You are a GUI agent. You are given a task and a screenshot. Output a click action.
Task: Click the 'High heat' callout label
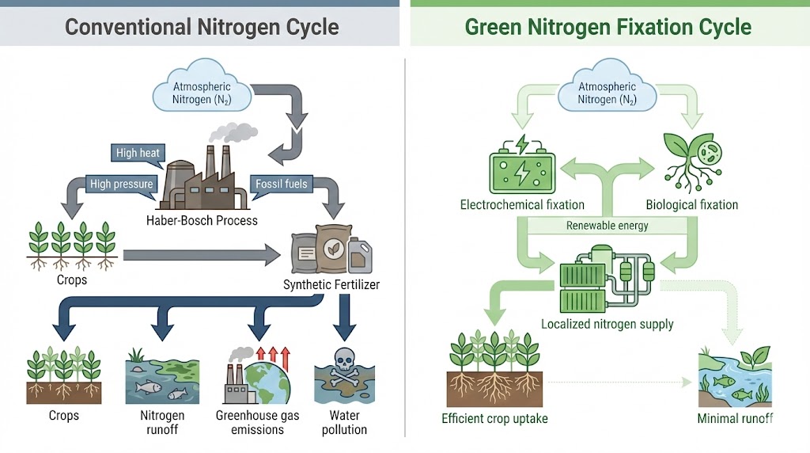pyautogui.click(x=138, y=153)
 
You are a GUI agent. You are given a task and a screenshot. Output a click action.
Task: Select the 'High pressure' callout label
pyautogui.click(x=121, y=184)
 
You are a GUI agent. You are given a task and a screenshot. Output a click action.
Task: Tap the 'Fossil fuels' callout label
pyautogui.click(x=281, y=184)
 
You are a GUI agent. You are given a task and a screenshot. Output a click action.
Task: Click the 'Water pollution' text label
pyautogui.click(x=344, y=422)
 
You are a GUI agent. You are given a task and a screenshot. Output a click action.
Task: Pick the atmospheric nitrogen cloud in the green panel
pyautogui.click(x=607, y=93)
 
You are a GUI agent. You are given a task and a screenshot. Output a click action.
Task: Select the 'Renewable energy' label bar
pyautogui.click(x=607, y=226)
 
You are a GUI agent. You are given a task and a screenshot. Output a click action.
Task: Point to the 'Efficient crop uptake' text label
pyautogui.click(x=494, y=418)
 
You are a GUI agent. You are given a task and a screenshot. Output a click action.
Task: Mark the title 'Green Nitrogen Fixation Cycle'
pyautogui.click(x=607, y=27)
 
